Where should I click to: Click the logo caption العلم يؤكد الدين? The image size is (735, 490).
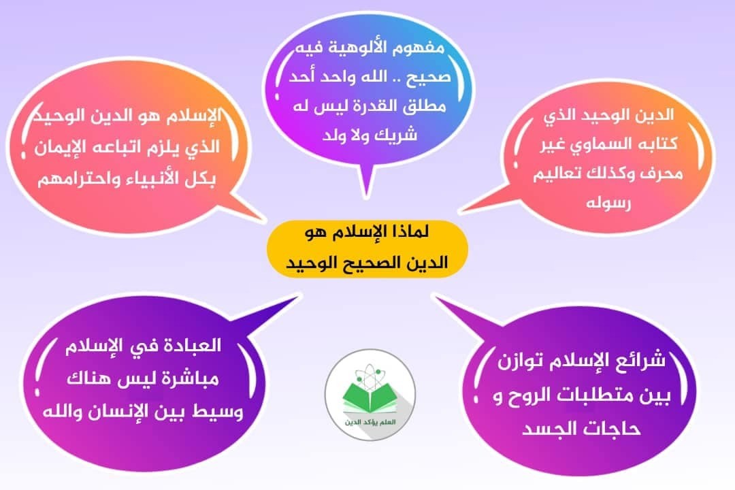370,422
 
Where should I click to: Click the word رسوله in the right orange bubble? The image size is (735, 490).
608,203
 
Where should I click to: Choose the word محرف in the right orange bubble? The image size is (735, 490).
661,174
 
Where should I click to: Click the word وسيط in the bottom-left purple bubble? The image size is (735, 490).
220,412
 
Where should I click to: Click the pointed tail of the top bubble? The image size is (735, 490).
365,195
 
